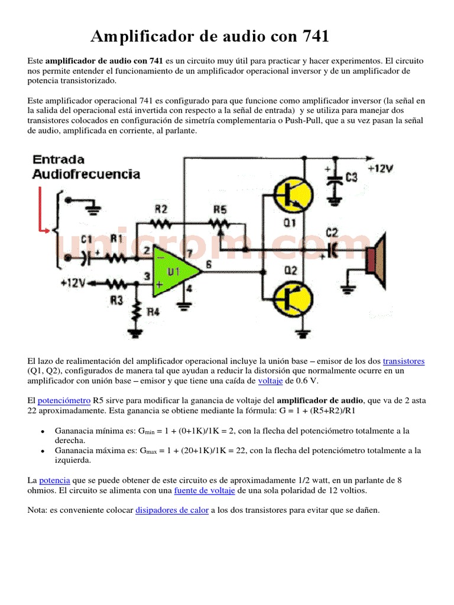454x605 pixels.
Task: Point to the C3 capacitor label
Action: pyautogui.click(x=352, y=177)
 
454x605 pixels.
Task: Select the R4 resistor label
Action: pyautogui.click(x=154, y=312)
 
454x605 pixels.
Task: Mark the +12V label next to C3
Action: pyautogui.click(x=380, y=168)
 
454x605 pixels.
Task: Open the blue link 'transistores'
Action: pyautogui.click(x=404, y=361)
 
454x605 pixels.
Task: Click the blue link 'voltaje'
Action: pyautogui.click(x=271, y=381)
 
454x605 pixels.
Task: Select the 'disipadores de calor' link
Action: pyautogui.click(x=172, y=510)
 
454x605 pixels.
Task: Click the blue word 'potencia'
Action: pyautogui.click(x=56, y=480)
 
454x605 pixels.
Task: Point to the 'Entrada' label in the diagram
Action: pyautogui.click(x=59, y=160)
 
